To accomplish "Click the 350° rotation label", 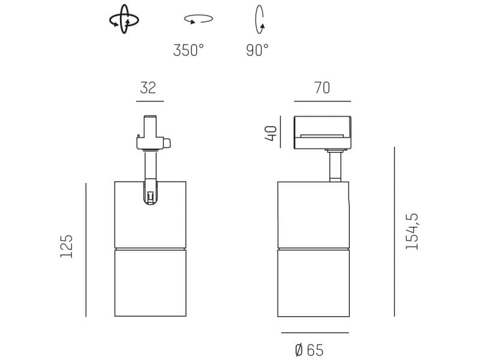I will click(x=188, y=50).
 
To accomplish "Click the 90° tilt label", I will click(x=257, y=50).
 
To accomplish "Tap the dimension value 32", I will click(x=148, y=88).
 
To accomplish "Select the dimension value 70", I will click(x=322, y=88).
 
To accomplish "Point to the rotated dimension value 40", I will click(x=272, y=133).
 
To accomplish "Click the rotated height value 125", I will click(x=67, y=246).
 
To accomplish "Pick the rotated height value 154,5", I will click(x=412, y=231).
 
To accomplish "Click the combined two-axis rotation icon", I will click(x=124, y=20).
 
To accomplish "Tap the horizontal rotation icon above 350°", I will click(x=199, y=19).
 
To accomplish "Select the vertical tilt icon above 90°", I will click(x=260, y=19).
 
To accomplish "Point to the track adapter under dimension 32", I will click(x=151, y=134).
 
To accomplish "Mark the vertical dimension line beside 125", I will click(x=86, y=250).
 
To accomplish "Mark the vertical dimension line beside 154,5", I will click(x=394, y=231).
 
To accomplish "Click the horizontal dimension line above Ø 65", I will click(x=314, y=332).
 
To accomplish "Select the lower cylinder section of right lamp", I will click(x=313, y=283).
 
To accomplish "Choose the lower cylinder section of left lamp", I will click(x=150, y=283).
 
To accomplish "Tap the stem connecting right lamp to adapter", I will click(x=335, y=166).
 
